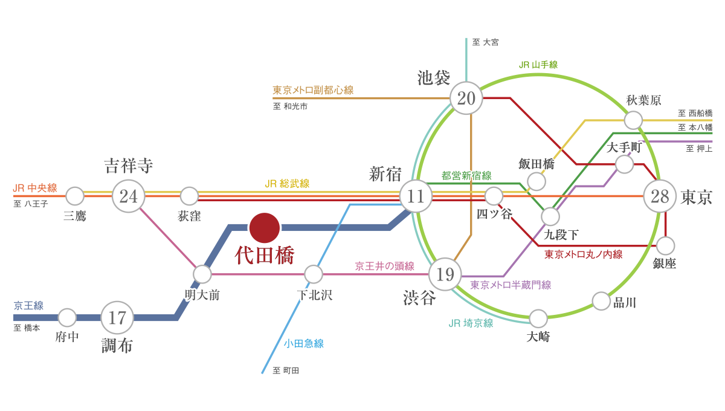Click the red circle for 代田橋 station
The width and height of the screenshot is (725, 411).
point(265,227)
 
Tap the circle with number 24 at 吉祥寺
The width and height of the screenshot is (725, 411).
point(128,196)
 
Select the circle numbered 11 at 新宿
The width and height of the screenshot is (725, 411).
point(416,196)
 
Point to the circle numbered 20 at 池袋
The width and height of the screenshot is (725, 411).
point(466,97)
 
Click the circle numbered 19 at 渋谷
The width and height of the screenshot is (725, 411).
point(445,275)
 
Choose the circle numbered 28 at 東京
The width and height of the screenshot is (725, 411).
point(660,196)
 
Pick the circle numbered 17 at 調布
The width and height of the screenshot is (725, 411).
point(117,317)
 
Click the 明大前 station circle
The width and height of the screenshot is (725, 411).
point(202,274)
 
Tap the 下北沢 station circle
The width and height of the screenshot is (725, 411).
point(314,274)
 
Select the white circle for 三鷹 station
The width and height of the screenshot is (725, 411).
point(75,196)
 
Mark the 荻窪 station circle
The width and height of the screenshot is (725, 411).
point(189,196)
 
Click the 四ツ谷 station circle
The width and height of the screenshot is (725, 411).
point(494,196)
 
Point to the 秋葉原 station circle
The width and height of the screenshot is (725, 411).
point(633,120)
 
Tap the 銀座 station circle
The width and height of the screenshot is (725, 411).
point(665,245)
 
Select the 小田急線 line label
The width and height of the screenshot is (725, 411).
point(304,344)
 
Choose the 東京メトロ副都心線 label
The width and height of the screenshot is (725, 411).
point(313,90)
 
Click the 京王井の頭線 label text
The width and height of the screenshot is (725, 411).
point(385,266)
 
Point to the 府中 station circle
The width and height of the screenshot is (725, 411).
point(67,317)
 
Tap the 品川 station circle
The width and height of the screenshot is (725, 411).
point(601,300)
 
